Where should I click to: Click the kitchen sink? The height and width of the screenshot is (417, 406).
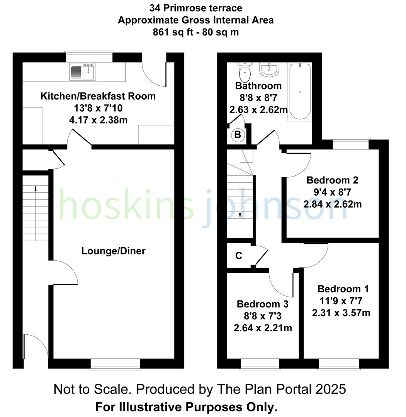pos(83,72)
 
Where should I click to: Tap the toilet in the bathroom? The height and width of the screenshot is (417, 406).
pos(245,71)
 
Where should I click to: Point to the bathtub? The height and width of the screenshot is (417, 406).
pos(300,92)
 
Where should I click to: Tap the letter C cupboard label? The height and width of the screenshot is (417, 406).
pos(239,256)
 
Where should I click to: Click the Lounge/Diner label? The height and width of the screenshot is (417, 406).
pos(113,251)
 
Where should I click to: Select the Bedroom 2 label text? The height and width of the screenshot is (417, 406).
pos(332,180)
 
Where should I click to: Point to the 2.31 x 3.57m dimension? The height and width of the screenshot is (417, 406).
pos(341,312)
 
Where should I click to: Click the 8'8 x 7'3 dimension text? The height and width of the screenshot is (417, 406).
pos(263,316)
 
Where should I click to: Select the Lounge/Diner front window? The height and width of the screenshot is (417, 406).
pos(116,363)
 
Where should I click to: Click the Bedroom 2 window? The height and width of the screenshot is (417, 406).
pos(350,144)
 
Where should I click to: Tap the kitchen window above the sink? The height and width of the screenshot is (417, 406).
pos(89,56)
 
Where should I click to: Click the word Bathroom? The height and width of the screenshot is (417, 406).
pos(258,86)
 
